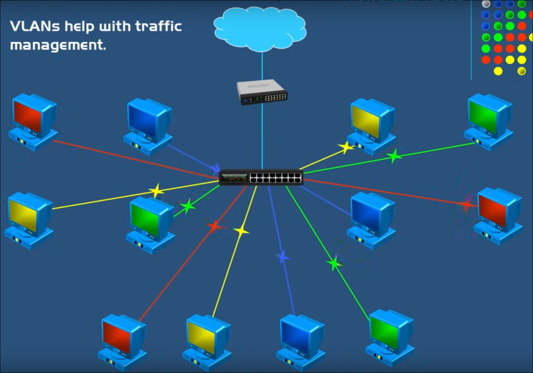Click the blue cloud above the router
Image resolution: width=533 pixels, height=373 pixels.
[x=260, y=28]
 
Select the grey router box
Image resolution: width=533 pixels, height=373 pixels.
[x=262, y=92]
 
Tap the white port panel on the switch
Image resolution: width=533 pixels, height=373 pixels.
[x=276, y=178]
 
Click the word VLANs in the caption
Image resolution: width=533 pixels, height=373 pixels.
[x=34, y=27]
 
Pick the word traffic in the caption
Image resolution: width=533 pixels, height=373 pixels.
[x=158, y=27]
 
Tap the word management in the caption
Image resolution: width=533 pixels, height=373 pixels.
[x=58, y=45]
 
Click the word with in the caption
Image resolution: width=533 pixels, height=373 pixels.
[x=115, y=27]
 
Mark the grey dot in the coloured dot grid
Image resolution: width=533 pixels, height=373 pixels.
[x=486, y=4]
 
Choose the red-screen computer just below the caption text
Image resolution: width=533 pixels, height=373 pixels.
[x=33, y=121]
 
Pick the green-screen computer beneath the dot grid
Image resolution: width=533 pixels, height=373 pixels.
[x=489, y=121]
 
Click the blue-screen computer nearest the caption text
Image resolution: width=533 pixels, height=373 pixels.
[x=148, y=126]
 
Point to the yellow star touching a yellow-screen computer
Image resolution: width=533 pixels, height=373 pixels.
[x=346, y=147]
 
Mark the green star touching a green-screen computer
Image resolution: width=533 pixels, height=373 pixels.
[x=187, y=206]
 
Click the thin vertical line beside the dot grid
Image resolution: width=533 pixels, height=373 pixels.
[x=471, y=39]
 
